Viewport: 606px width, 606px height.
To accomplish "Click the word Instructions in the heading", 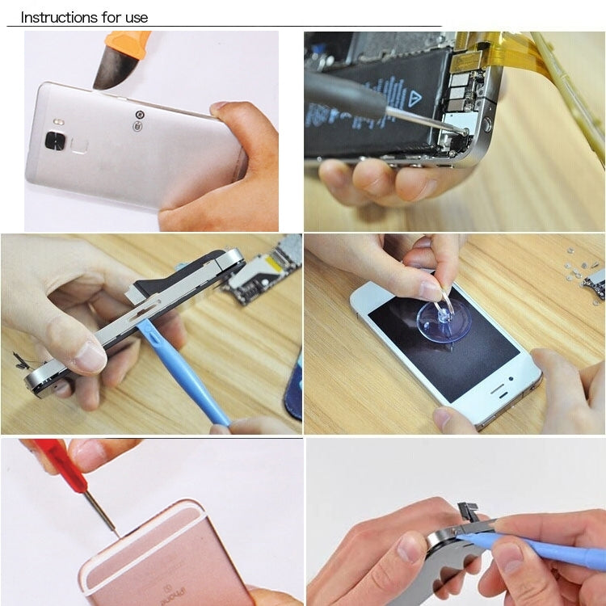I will (x=57, y=17).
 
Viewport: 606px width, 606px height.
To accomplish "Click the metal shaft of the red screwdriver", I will (x=102, y=510).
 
